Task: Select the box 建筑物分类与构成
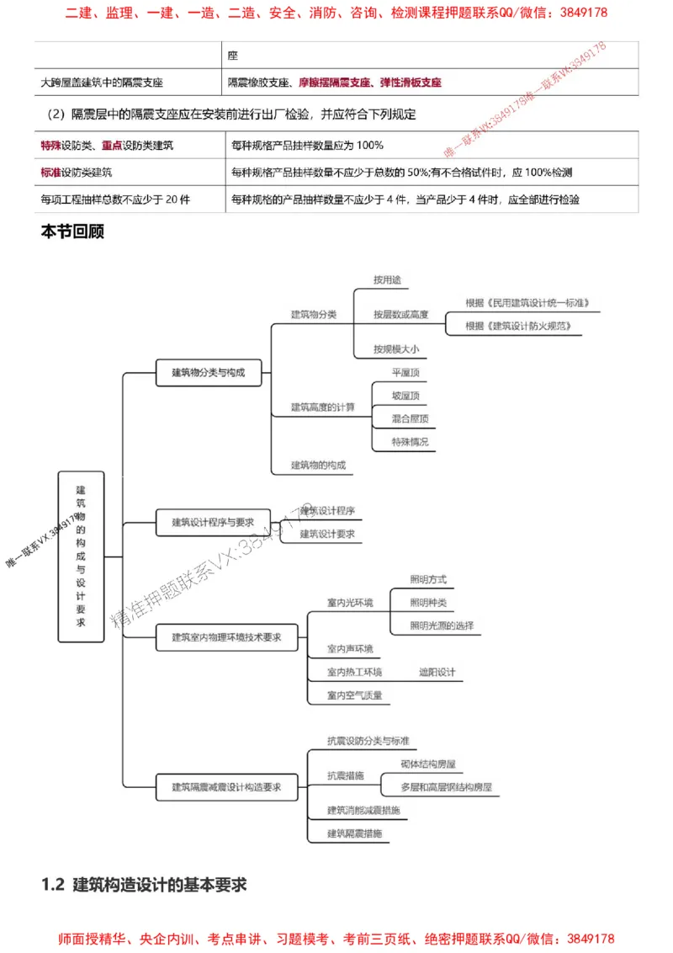click(208, 372)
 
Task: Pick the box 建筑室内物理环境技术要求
click(226, 637)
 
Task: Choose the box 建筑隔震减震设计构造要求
click(226, 787)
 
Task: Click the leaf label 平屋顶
click(405, 372)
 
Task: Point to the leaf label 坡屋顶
click(405, 395)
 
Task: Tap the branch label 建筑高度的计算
click(323, 407)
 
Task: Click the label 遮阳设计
click(437, 672)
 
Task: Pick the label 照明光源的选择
click(442, 626)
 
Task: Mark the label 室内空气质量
click(355, 695)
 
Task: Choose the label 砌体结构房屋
click(429, 764)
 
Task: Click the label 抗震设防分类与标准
click(368, 741)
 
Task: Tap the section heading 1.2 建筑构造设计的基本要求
click(144, 885)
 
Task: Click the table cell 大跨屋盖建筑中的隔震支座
click(102, 83)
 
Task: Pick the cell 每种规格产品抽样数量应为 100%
click(307, 146)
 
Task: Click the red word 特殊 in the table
click(50, 146)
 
